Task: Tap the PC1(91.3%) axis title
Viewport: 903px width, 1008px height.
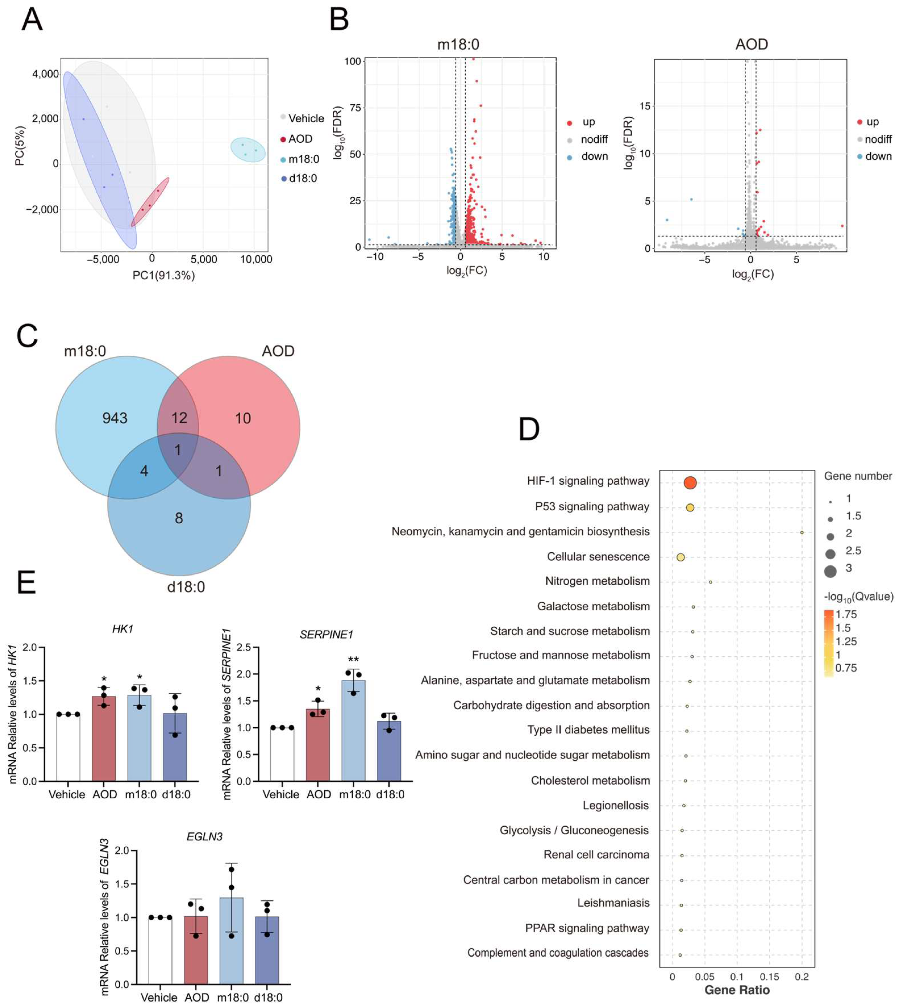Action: (x=164, y=275)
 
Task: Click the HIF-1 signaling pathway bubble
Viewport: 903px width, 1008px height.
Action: (x=690, y=482)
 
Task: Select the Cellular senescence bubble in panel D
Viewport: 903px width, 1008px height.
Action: (x=681, y=557)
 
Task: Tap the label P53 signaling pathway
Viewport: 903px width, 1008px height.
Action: (x=592, y=506)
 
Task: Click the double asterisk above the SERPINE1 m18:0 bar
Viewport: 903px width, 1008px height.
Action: (x=353, y=660)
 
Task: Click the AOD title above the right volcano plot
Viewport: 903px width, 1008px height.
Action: (x=751, y=45)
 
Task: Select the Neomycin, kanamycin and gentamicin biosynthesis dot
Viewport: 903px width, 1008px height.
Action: (x=802, y=532)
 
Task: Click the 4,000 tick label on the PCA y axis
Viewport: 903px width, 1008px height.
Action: (x=46, y=74)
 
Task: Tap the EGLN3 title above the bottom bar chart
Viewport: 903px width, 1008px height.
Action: (x=204, y=837)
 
